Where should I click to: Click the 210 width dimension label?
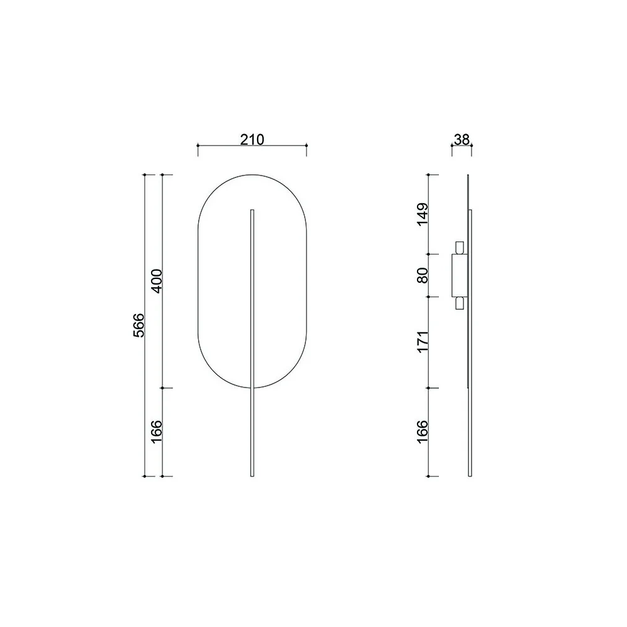[251, 139]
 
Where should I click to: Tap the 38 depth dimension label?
[461, 139]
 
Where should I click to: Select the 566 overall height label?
[139, 325]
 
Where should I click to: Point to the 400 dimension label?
[156, 281]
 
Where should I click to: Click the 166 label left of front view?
[156, 432]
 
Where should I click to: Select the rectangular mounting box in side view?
[460, 275]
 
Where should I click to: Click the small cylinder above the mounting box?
[460, 247]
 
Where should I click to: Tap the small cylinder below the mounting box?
[460, 303]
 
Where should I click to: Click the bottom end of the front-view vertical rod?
[252, 475]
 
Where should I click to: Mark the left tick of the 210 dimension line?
[198, 145]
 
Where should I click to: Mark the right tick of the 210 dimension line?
[306, 145]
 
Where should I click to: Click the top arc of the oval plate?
[252, 175]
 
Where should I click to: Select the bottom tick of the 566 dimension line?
[145, 477]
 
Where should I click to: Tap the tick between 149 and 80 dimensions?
[428, 254]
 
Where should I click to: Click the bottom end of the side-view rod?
[470, 475]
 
